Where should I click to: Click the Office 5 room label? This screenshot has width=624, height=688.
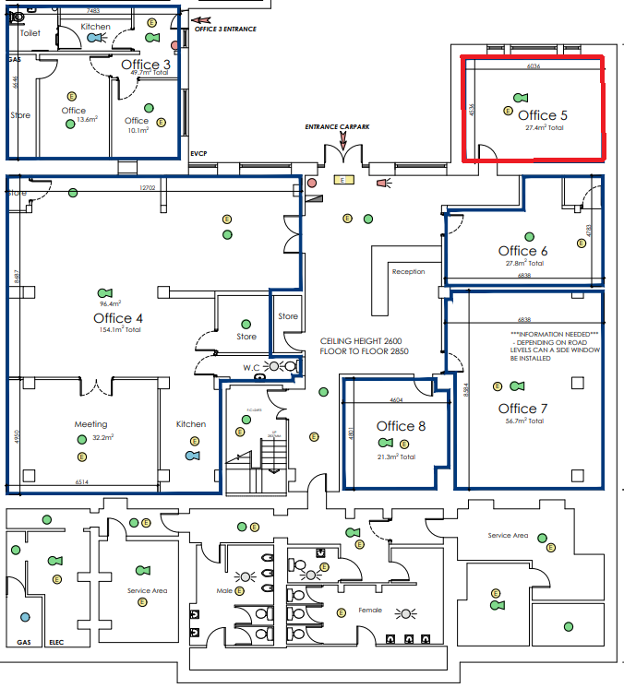[543, 115]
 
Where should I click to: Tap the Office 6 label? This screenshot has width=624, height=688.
[523, 251]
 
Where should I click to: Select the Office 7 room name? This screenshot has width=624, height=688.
[523, 409]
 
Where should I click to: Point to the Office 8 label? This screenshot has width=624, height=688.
[402, 426]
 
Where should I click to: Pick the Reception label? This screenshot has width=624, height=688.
[408, 272]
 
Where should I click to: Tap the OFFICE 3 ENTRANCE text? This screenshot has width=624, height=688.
[225, 30]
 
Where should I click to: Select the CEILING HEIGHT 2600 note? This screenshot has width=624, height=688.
[364, 340]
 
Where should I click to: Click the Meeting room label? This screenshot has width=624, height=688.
[91, 424]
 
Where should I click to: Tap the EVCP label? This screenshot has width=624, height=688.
[199, 153]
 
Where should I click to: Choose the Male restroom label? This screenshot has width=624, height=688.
[224, 590]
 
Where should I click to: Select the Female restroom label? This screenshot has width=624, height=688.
[369, 611]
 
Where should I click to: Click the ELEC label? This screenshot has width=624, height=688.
[55, 642]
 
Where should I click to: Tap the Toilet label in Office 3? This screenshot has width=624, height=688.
[30, 32]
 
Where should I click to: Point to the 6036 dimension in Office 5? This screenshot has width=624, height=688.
[533, 67]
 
